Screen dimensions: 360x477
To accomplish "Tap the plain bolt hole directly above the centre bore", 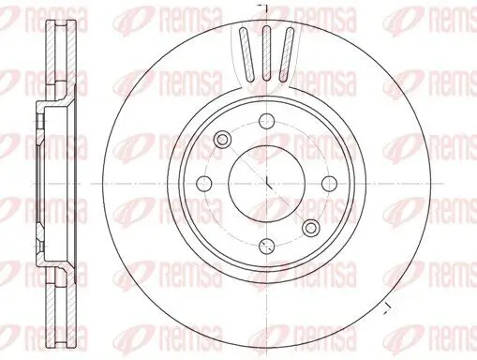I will (x=266, y=120).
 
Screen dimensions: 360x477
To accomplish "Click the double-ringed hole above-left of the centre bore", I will (x=223, y=140).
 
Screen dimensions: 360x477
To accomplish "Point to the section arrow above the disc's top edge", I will (x=266, y=7).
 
